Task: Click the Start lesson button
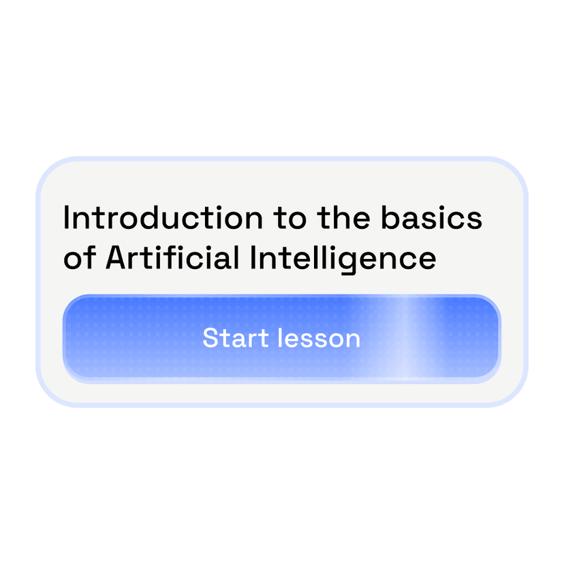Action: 281,338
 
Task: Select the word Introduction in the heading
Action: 163,217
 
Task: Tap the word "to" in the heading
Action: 289,219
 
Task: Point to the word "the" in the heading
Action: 343,217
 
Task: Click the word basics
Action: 431,217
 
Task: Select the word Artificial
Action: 172,257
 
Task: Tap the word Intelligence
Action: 343,260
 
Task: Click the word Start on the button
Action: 236,338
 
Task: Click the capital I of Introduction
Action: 66,217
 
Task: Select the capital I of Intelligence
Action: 253,257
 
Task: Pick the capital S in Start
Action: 210,338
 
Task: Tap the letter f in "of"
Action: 91,257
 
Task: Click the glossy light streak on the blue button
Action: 405,338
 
